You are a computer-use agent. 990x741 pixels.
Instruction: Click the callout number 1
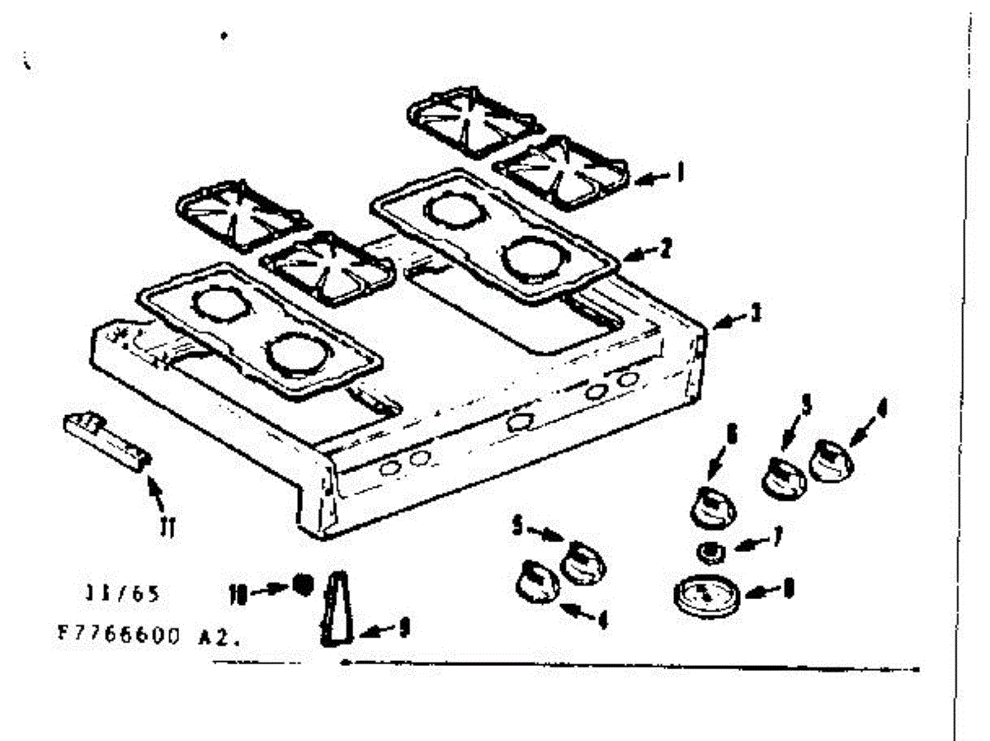point(681,172)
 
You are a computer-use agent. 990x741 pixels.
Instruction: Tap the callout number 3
point(755,314)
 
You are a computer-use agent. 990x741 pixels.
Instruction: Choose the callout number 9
point(403,630)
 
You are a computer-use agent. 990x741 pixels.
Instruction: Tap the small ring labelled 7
point(709,550)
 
